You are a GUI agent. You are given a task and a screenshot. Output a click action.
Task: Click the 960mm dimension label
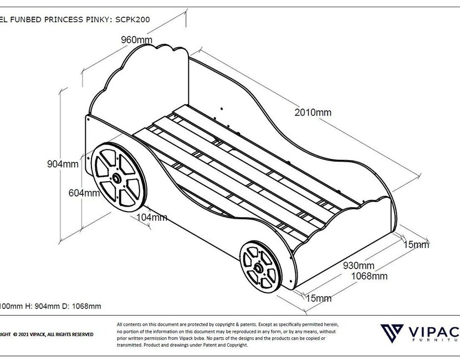(137, 40)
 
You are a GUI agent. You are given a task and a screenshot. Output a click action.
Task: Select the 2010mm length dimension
(314, 112)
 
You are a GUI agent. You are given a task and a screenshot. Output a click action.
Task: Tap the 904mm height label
(63, 164)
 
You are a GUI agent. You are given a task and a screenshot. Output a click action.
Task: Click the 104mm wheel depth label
(151, 217)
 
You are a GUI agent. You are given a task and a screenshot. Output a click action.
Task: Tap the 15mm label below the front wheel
(319, 299)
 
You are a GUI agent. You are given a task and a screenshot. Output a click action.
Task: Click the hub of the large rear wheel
(117, 178)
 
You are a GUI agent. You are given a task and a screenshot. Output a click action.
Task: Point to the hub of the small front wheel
(258, 268)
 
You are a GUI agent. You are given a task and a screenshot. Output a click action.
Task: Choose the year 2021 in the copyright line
(27, 335)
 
